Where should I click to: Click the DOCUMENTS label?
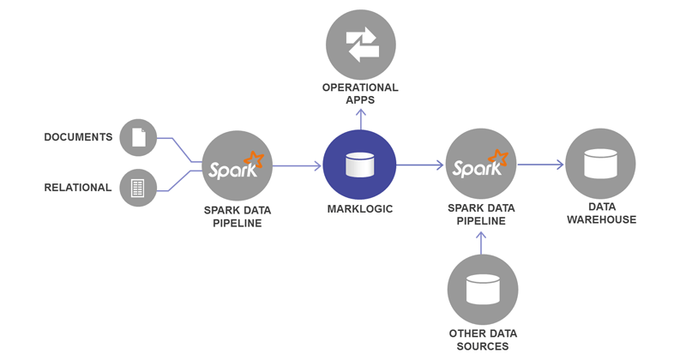tap(78, 137)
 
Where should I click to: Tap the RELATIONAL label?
tap(78, 188)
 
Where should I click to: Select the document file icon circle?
tap(138, 137)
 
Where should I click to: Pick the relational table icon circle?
tap(138, 188)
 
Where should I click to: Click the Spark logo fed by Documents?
tap(238, 165)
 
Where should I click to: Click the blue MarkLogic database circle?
tap(360, 165)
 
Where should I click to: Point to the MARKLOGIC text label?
tap(360, 209)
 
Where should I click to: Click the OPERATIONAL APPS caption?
tap(360, 93)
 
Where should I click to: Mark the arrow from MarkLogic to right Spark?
tap(420, 165)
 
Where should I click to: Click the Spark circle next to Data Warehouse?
tap(481, 165)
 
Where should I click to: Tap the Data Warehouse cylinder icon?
tap(600, 164)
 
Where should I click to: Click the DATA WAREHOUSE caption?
tap(600, 213)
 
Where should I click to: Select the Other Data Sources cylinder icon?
tap(482, 290)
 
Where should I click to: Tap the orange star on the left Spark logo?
tap(252, 159)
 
